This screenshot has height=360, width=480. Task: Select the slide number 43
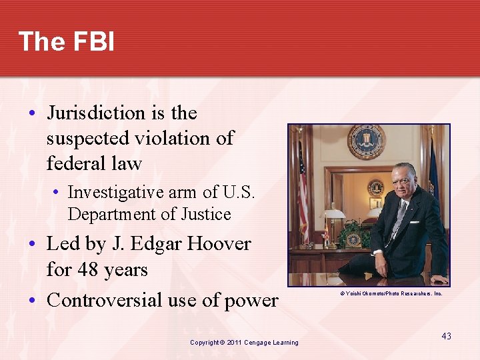click(x=446, y=336)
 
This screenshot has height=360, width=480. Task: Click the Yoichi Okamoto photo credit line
click(x=391, y=293)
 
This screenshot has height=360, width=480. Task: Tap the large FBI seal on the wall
click(x=366, y=141)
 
